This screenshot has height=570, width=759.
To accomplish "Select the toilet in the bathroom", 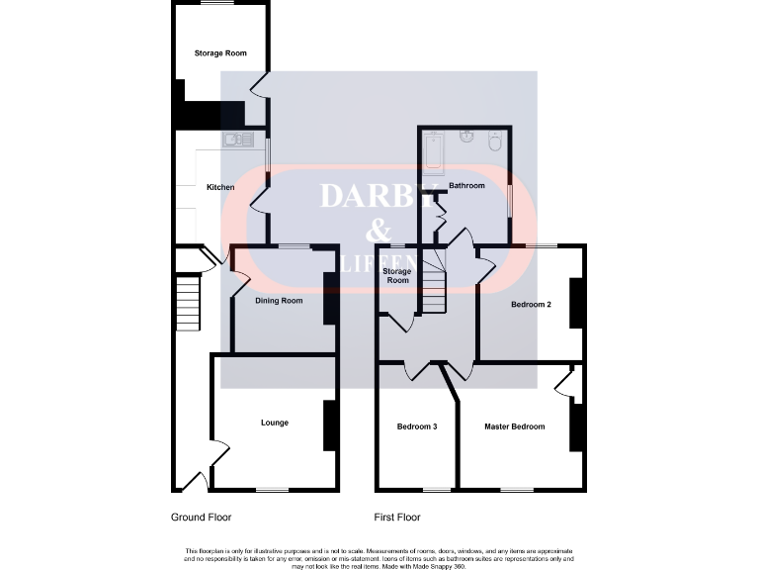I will tap(495, 142).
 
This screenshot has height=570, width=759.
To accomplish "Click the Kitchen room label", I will tap(219, 187).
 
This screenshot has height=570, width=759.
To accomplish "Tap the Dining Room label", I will tap(279, 301).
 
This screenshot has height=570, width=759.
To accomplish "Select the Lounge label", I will tap(274, 423).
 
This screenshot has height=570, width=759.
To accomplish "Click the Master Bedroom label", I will tap(514, 427).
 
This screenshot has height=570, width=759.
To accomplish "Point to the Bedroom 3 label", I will tap(416, 427).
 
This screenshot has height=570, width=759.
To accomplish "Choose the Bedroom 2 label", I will tap(531, 305).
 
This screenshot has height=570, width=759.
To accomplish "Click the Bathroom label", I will tap(466, 186).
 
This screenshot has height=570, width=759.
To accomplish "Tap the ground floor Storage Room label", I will tap(220, 53).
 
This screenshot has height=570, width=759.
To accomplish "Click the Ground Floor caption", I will tap(201, 517).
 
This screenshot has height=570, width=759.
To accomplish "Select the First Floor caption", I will tap(397, 517).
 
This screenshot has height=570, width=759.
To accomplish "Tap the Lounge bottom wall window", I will tap(273, 490).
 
